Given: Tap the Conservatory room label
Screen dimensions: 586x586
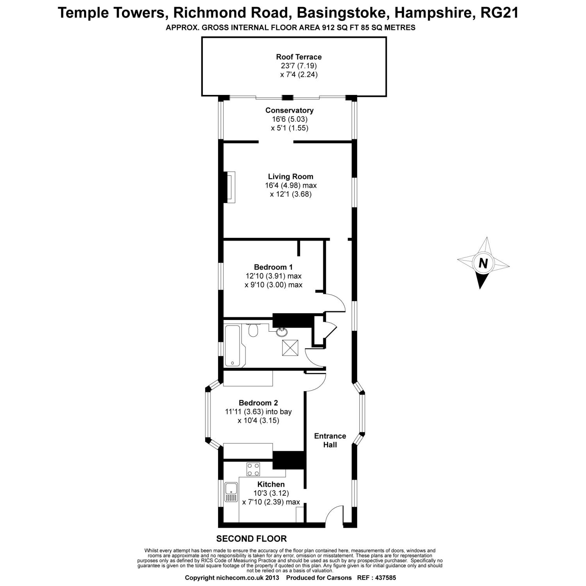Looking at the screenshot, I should point(289,111).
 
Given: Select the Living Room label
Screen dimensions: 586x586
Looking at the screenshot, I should point(290,177).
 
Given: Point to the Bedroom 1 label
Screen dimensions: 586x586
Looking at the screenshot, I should point(273,267).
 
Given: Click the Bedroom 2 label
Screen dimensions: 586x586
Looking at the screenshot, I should point(258,403).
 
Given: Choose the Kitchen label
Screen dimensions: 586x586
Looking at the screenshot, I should point(271,484).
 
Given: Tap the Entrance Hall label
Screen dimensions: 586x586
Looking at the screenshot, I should point(330,440).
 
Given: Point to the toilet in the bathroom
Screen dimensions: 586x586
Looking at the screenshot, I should point(253,331).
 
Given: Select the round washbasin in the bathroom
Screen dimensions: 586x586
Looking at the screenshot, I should point(281,332).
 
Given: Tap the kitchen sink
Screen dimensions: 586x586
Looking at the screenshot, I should point(231,492).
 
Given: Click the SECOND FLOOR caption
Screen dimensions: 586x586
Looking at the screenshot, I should point(252,539).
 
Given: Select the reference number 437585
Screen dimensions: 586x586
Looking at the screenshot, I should point(385,577).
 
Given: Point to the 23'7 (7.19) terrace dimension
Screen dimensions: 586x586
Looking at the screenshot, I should point(293,66).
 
